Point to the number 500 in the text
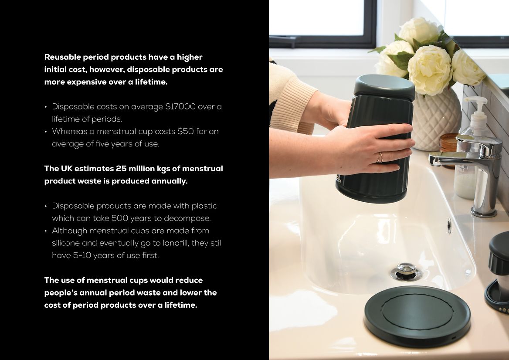point(119,218)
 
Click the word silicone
point(66,243)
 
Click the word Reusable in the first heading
point(62,57)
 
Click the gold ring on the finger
point(380,158)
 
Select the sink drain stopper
point(406,271)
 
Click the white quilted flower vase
point(437,120)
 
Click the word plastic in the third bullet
point(204,206)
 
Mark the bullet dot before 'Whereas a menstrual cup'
point(46,132)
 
